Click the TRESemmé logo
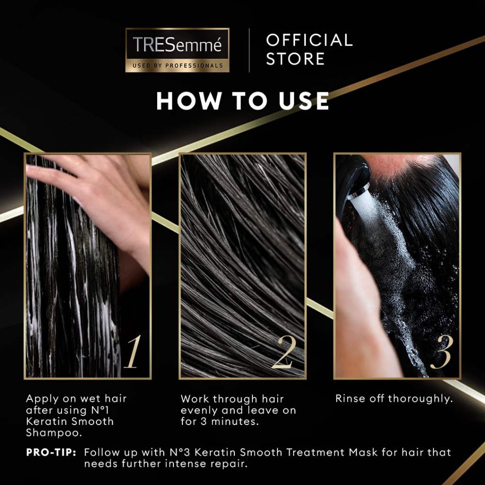pos(177,50)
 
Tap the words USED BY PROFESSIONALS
pos(178,65)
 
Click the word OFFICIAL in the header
pos(309,40)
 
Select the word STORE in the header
pos(295,59)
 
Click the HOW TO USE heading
pos(242,101)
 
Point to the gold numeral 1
pos(133,352)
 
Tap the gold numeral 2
pos(284,352)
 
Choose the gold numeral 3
pos(442,352)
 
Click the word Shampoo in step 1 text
pos(54,433)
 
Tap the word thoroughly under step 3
pos(421,399)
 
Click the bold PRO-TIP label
pos(51,452)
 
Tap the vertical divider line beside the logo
pos(249,50)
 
